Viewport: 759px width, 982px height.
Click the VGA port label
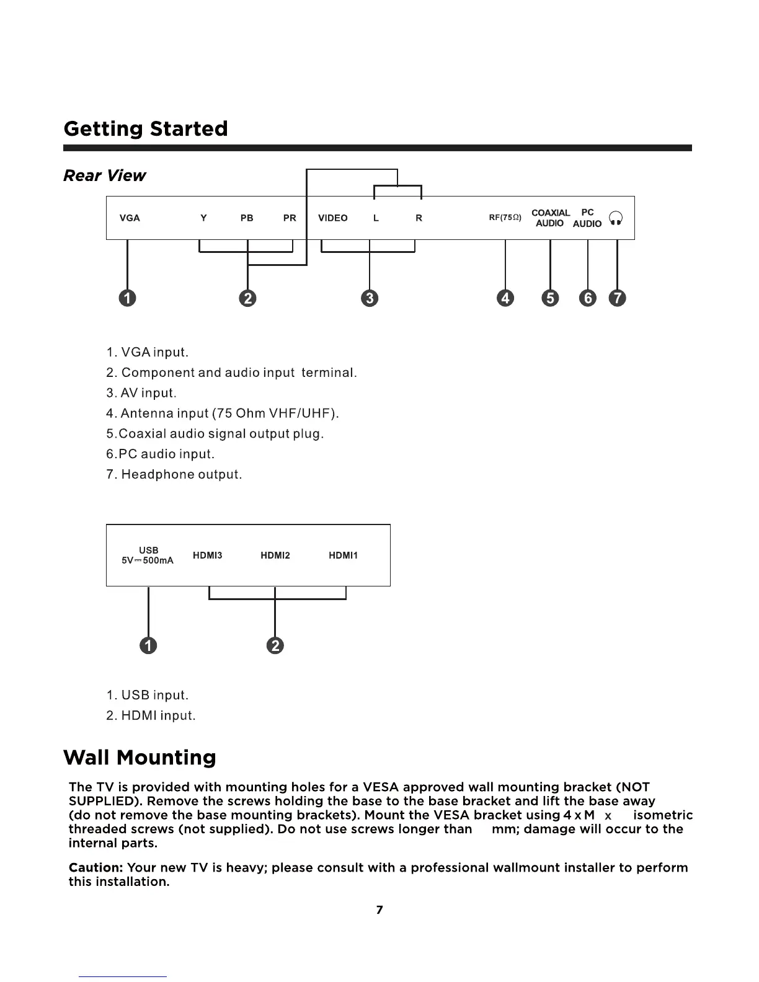(129, 218)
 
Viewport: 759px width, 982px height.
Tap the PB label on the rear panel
(247, 218)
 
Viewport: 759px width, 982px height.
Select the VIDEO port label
(332, 218)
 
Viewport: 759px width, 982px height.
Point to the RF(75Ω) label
(505, 218)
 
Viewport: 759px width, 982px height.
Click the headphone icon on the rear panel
(616, 218)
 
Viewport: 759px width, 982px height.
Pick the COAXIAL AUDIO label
(550, 218)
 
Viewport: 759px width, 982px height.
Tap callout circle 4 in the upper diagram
(505, 298)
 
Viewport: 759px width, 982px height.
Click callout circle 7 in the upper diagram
(618, 298)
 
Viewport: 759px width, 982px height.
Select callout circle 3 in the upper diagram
(370, 298)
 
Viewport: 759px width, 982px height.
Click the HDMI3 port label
(207, 555)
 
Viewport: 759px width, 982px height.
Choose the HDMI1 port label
(343, 555)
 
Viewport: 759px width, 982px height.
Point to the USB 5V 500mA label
(148, 555)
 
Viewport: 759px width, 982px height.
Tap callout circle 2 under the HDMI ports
(275, 645)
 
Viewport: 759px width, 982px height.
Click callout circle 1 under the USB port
(148, 645)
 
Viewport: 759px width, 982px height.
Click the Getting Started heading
(146, 129)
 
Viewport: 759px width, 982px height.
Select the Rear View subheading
(104, 176)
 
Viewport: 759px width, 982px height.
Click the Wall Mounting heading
(140, 758)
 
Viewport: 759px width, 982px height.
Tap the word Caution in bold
(95, 867)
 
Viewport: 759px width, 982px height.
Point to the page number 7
(379, 909)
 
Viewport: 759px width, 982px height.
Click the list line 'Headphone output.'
(174, 475)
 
